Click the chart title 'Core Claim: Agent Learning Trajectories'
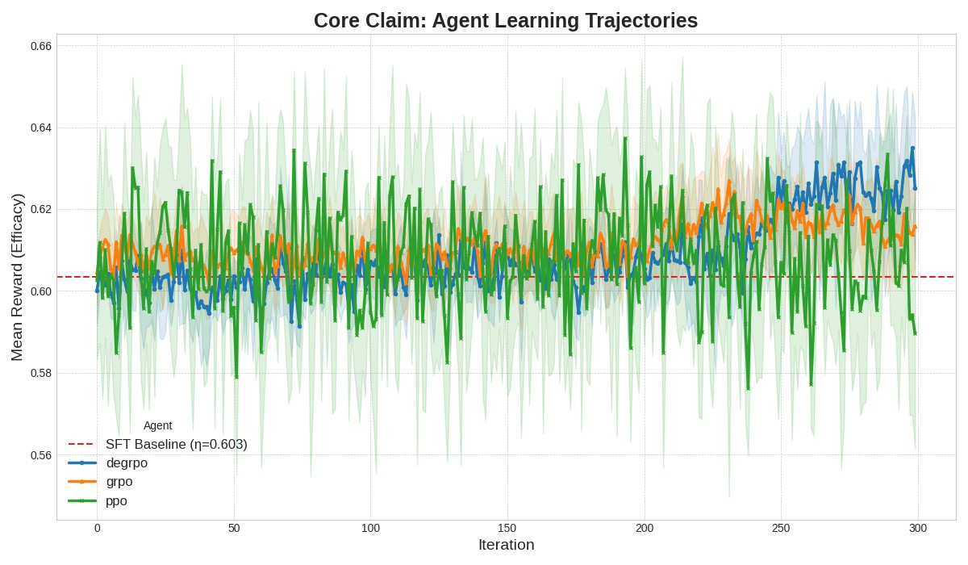pos(506,21)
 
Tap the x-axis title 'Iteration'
pos(506,545)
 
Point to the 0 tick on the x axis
pos(97,529)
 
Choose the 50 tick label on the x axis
pos(234,529)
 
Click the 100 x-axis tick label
pos(370,529)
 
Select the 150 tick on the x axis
pos(507,529)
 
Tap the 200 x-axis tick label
pos(645,529)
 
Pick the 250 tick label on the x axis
pos(781,529)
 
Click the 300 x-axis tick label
pos(918,529)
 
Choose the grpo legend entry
pos(119,482)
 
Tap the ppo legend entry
pos(116,500)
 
